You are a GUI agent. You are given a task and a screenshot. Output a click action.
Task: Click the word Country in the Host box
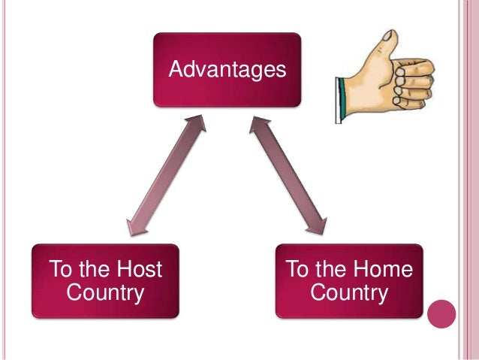pyautogui.click(x=105, y=292)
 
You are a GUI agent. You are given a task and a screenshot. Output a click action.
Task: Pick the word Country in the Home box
pyautogui.click(x=349, y=292)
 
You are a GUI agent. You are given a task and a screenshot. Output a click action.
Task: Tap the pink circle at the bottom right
pyautogui.click(x=441, y=315)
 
